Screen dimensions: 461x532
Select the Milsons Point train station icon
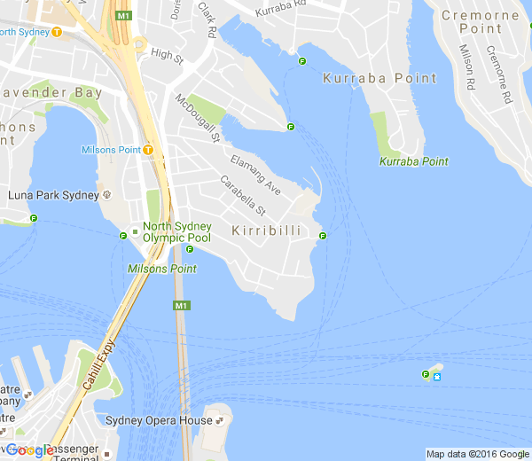(x=148, y=150)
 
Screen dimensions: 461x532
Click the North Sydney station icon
(x=57, y=32)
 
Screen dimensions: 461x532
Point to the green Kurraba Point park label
(x=413, y=161)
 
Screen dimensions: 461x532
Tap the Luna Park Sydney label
(x=52, y=195)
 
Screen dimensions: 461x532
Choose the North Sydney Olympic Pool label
(x=176, y=232)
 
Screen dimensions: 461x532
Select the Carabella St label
(x=243, y=197)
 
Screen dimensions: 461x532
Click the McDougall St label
(x=197, y=118)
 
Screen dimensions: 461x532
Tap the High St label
(x=167, y=55)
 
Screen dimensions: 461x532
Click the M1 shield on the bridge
(x=181, y=306)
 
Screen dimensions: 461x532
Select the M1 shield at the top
(x=123, y=16)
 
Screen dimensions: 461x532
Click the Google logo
(x=29, y=449)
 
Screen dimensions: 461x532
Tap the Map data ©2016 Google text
(x=477, y=454)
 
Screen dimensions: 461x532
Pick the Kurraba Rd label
(x=280, y=12)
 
